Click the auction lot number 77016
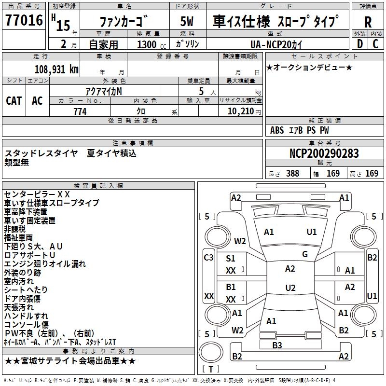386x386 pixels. pyautogui.click(x=24, y=21)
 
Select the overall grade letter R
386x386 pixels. pyautogui.click(x=368, y=22)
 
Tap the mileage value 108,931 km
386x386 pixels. pyautogui.click(x=56, y=69)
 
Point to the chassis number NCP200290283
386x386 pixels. pyautogui.click(x=324, y=153)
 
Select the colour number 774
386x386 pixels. pyautogui.click(x=80, y=111)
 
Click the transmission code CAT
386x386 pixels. pyautogui.click(x=14, y=100)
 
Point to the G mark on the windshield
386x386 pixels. pyautogui.click(x=305, y=254)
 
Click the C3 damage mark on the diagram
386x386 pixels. pyautogui.click(x=208, y=258)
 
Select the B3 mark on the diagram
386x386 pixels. pyautogui.click(x=277, y=345)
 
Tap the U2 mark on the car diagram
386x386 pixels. pyautogui.click(x=290, y=288)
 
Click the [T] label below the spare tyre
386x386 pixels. pyautogui.click(x=211, y=369)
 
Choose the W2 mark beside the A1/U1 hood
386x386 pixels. pyautogui.click(x=240, y=241)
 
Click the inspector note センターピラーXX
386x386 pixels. pyautogui.click(x=37, y=194)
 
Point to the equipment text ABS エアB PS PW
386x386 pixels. pyautogui.click(x=300, y=130)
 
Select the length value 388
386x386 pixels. pyautogui.click(x=292, y=174)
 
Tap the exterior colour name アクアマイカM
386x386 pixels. pyautogui.click(x=104, y=91)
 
